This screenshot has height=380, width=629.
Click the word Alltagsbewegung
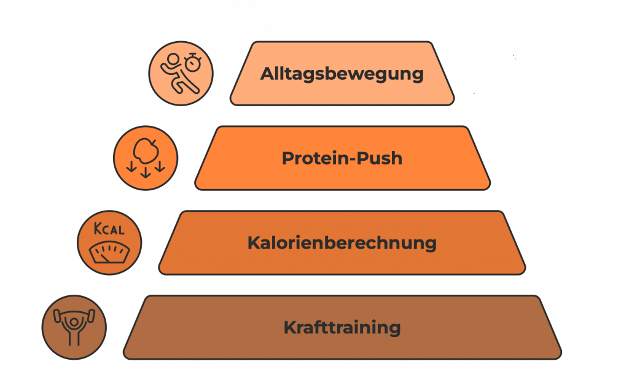(x=342, y=74)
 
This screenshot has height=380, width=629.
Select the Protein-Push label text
(x=342, y=158)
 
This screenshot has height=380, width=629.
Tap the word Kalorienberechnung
(x=342, y=243)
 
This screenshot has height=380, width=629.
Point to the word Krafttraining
(x=342, y=327)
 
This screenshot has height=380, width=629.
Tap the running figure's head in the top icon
(x=173, y=60)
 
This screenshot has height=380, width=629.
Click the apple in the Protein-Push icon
(x=146, y=151)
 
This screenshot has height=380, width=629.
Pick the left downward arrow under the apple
(x=131, y=166)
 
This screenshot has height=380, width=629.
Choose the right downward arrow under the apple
(x=160, y=166)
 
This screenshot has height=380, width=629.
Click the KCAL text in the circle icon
(x=109, y=229)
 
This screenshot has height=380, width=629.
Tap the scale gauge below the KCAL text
(x=109, y=252)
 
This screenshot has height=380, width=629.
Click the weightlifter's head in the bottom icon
(x=74, y=322)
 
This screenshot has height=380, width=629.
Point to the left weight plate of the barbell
(x=57, y=316)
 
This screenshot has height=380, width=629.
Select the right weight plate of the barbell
(x=91, y=316)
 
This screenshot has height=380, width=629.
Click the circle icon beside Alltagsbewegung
(x=181, y=73)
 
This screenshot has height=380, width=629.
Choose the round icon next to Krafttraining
(x=74, y=327)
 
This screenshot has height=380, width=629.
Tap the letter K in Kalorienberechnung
(x=254, y=243)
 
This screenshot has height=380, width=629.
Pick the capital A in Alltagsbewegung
(x=268, y=74)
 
